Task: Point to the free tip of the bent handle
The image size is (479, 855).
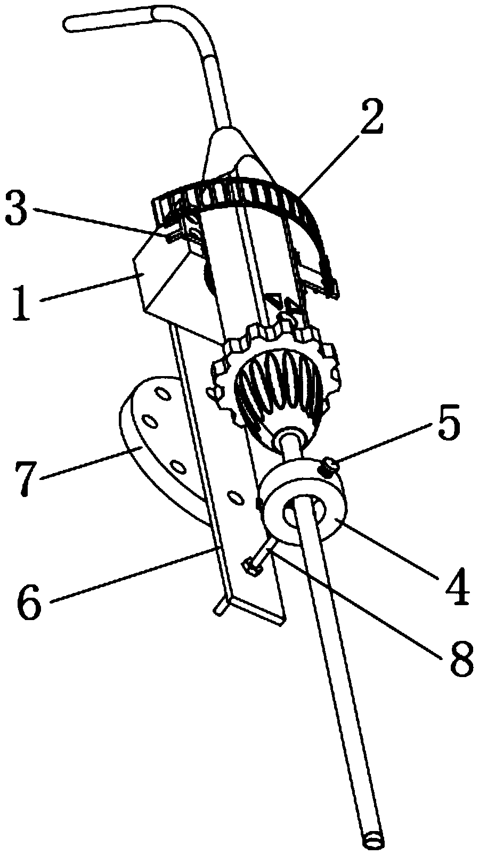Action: tap(68, 22)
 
